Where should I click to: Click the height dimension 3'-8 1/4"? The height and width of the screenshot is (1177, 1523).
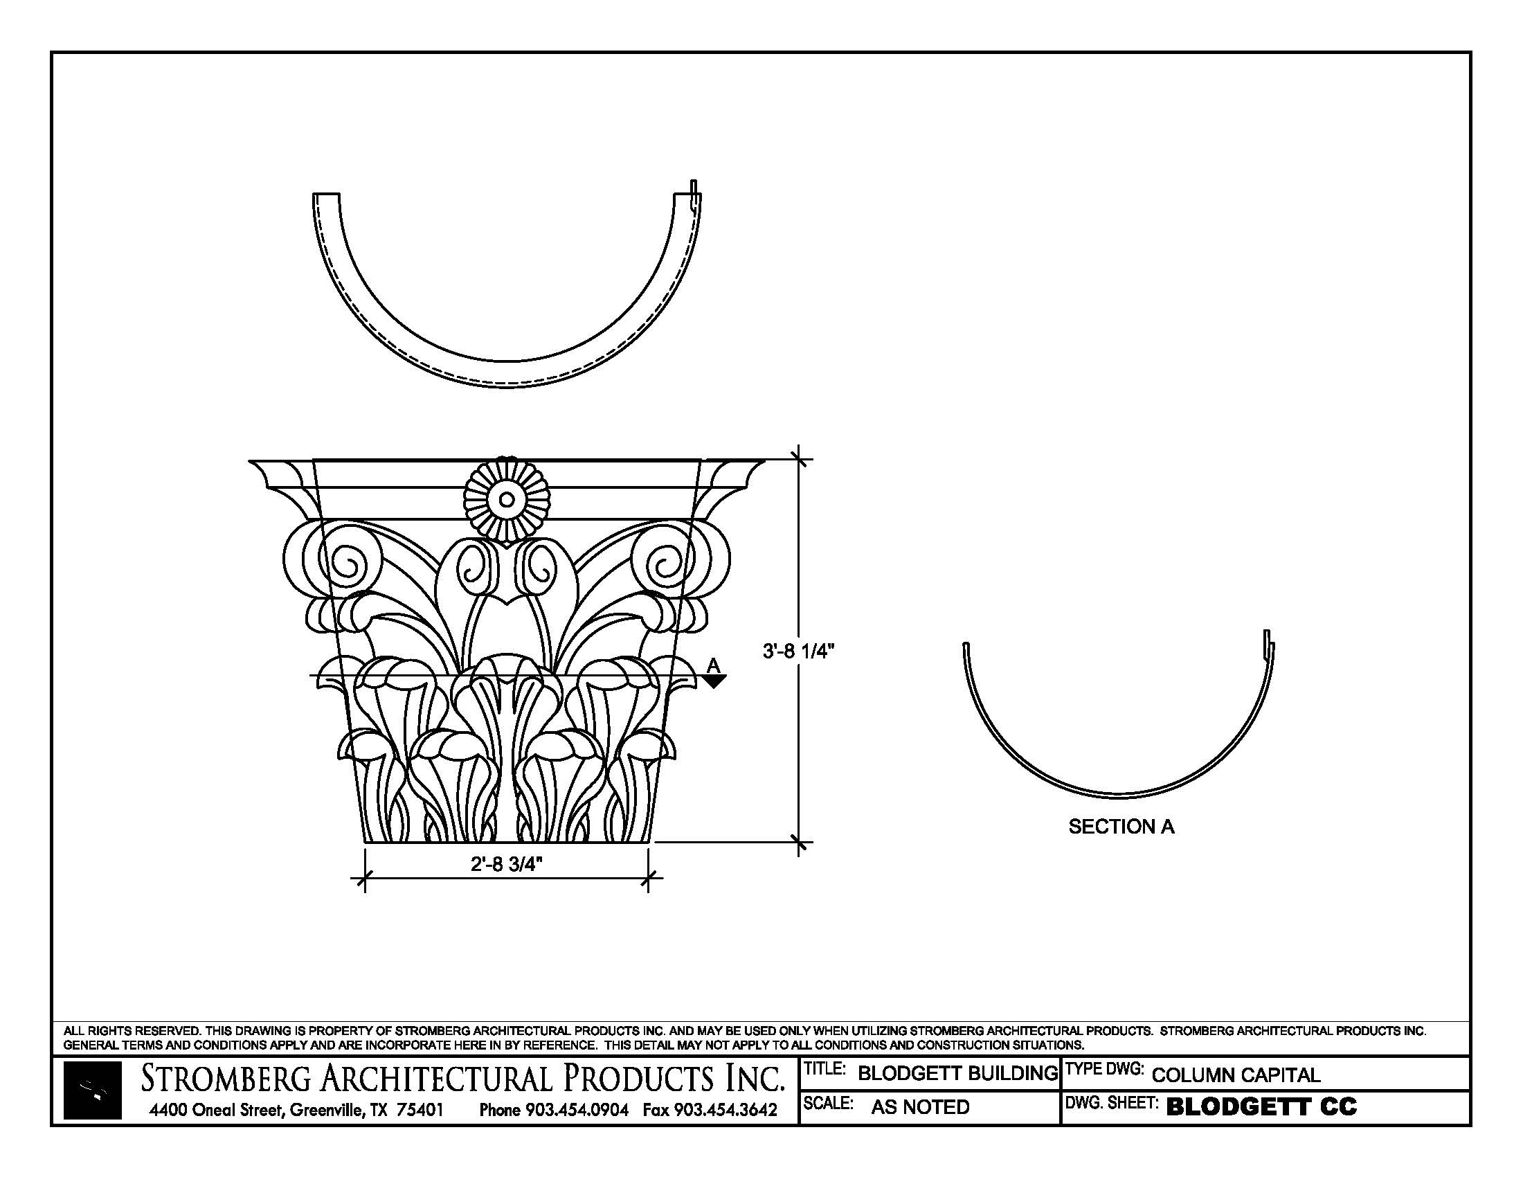pyautogui.click(x=797, y=652)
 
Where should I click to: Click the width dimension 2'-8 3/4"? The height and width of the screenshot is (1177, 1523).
pyautogui.click(x=506, y=864)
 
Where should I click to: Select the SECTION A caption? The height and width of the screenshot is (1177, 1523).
pyautogui.click(x=1121, y=827)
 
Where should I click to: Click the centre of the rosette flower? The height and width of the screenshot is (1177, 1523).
pyautogui.click(x=507, y=499)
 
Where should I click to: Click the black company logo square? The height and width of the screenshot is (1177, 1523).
pyautogui.click(x=92, y=1090)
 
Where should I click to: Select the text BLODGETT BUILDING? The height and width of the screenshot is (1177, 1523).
pyautogui.click(x=957, y=1073)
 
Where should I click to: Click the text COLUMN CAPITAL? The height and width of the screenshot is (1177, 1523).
pyautogui.click(x=1236, y=1075)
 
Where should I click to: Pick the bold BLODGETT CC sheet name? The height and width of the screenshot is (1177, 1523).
pyautogui.click(x=1261, y=1106)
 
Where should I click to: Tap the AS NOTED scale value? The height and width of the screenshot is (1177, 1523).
pyautogui.click(x=920, y=1106)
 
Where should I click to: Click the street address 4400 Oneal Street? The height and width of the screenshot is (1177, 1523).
pyautogui.click(x=216, y=1109)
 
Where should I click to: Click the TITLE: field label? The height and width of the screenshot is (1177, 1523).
pyautogui.click(x=825, y=1069)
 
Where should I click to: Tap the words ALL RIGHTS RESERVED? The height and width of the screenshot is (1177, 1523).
pyautogui.click(x=132, y=1031)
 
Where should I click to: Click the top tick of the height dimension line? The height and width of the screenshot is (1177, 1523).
pyautogui.click(x=800, y=460)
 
